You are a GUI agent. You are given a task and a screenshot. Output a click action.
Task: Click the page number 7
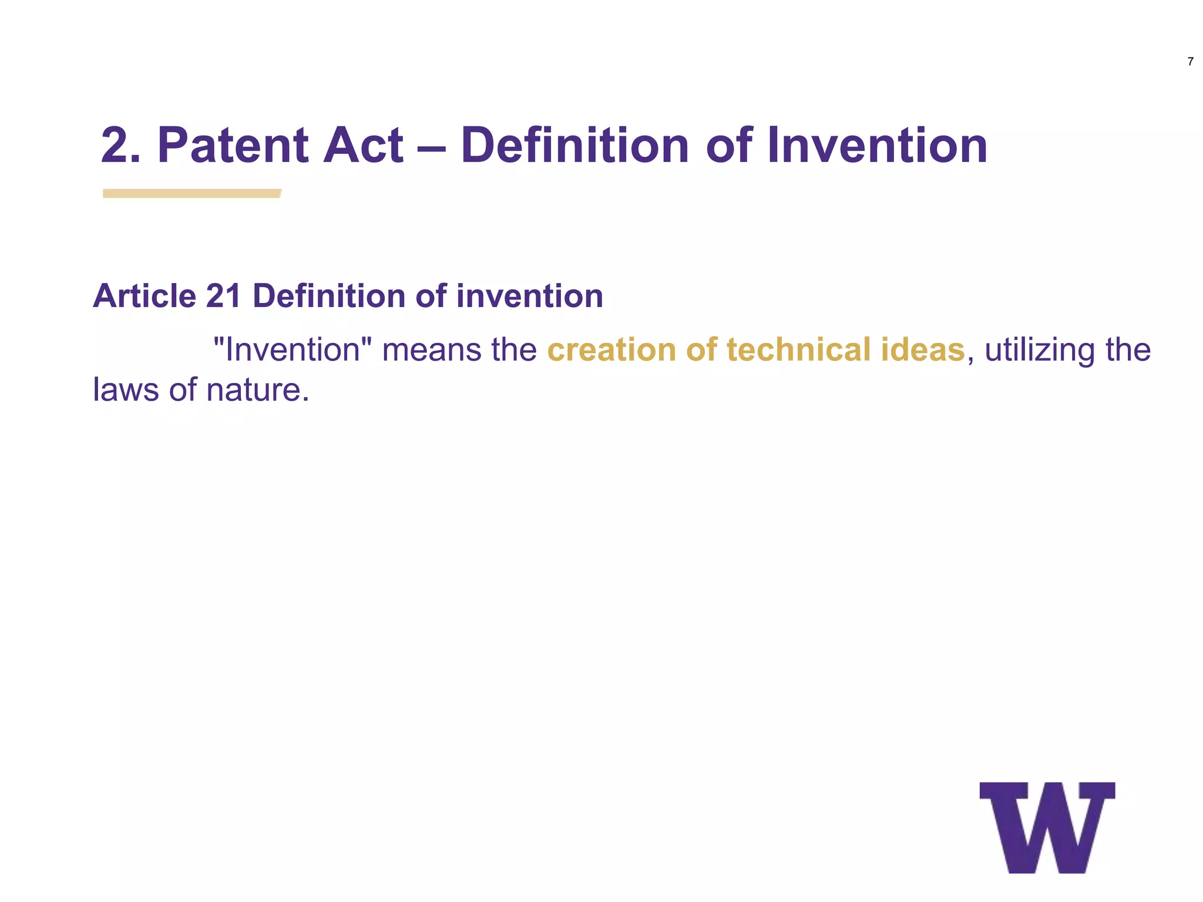coord(1190,62)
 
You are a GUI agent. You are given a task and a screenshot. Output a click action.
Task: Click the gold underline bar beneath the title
coord(192,193)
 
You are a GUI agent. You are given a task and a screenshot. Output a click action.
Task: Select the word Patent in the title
coord(232,146)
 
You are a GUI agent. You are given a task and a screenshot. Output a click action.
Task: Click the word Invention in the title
coord(877,146)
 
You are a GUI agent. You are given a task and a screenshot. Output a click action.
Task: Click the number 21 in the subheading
coord(224,295)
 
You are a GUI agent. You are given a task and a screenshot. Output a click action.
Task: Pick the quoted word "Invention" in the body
coord(293,349)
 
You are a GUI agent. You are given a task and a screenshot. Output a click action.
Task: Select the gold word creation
coord(611,349)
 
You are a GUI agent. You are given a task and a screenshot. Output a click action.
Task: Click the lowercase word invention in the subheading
coord(529,295)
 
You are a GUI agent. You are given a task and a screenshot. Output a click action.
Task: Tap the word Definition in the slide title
coord(574,146)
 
